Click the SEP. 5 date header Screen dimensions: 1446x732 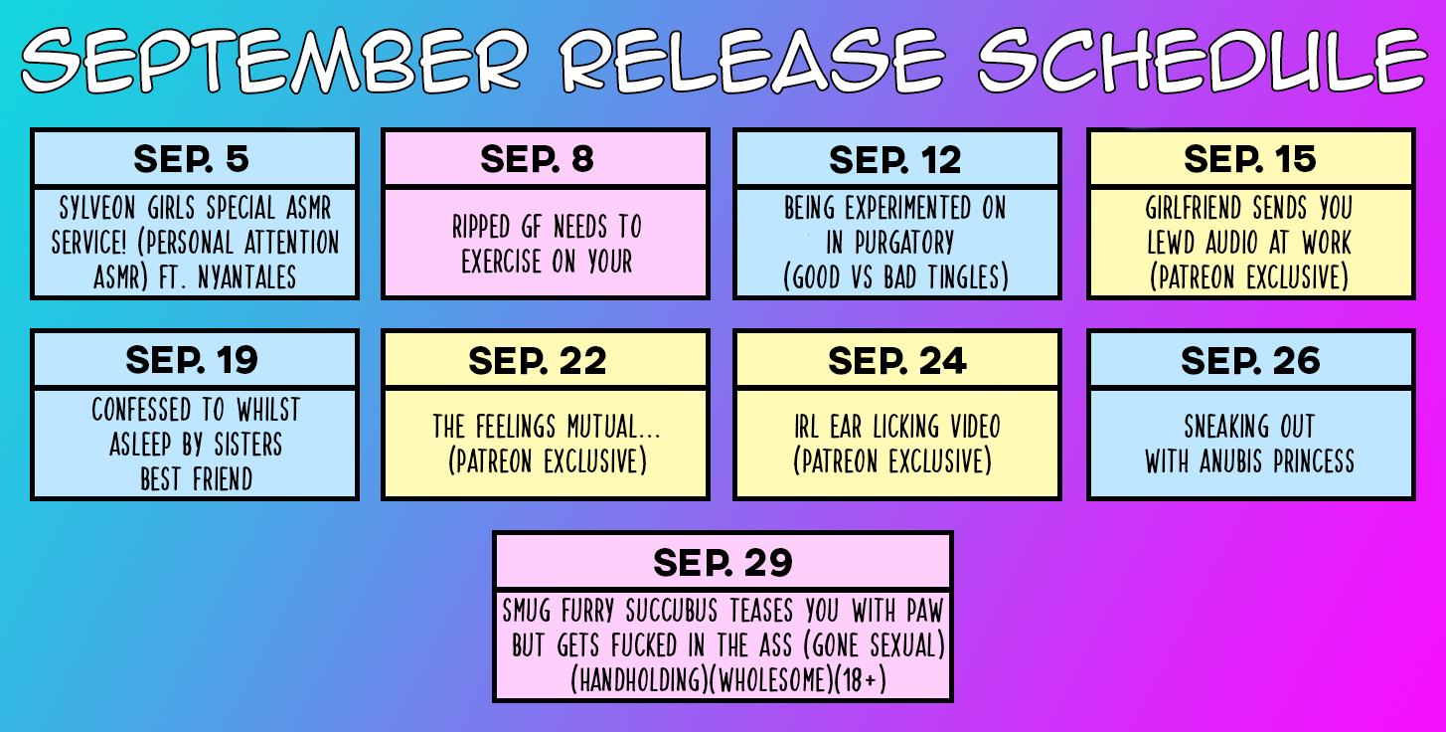pos(191,159)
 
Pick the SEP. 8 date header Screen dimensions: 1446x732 pos(537,159)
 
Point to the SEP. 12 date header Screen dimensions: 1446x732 pos(894,159)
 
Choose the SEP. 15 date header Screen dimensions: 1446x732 pos(1250,159)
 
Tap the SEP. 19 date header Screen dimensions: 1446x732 pos(192,360)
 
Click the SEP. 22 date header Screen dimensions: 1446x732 pos(537,360)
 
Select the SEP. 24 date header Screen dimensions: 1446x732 pos(897,360)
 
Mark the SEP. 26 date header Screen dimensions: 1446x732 pos(1250,360)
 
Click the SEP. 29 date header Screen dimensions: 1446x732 pos(723,562)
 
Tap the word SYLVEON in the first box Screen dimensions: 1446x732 pos(97,208)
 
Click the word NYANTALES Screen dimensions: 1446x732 pos(246,277)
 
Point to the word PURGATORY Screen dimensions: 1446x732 pos(904,243)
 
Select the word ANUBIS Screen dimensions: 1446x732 pos(1230,461)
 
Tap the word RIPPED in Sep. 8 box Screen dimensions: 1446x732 pos(480,227)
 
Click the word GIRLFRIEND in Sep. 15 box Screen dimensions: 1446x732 pos(1194,208)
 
